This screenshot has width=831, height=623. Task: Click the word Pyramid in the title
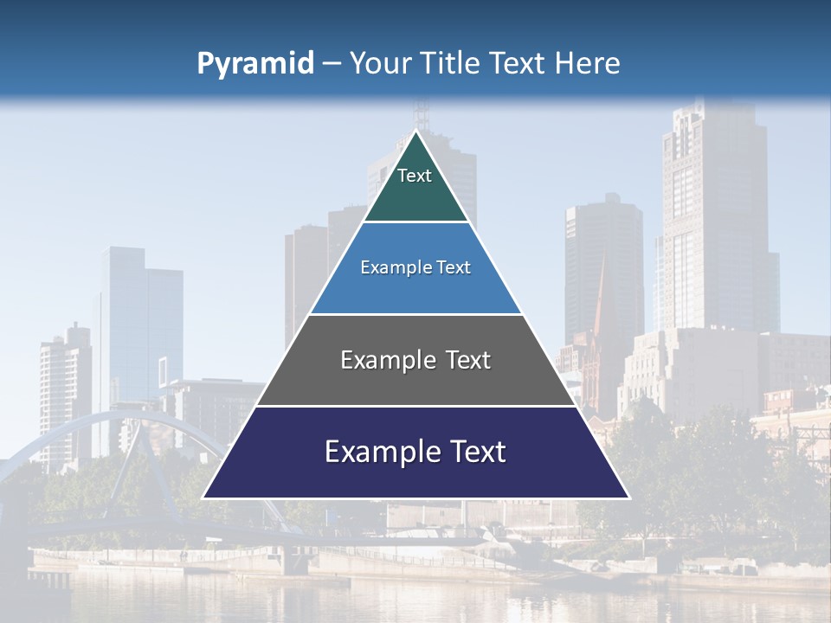coord(255,64)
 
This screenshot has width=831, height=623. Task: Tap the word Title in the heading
coord(452,64)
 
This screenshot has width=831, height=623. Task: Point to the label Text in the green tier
coord(415,177)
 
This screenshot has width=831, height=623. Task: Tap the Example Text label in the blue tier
coord(415,267)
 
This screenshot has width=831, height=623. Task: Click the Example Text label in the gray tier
coord(415,360)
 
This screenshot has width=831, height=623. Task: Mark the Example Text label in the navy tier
coord(415,452)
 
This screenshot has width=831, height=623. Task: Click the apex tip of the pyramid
coord(416,132)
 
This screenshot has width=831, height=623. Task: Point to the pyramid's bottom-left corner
coord(204,498)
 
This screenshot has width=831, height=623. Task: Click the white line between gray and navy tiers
coord(415,406)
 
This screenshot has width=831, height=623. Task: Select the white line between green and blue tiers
coord(415,222)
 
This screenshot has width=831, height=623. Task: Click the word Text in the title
coord(519,64)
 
